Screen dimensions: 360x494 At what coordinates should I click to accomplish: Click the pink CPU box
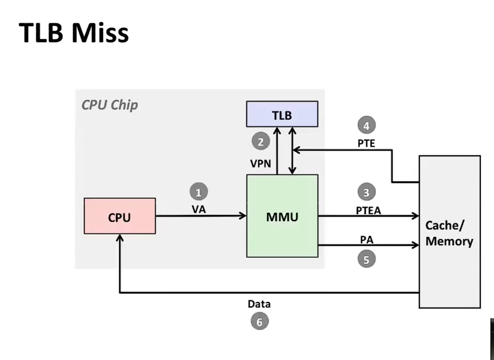pos(120,216)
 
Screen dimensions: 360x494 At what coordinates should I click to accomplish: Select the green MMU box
pos(282,216)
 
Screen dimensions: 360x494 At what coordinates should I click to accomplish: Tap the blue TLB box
pos(282,114)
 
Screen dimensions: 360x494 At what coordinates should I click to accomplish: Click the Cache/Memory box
pos(450,232)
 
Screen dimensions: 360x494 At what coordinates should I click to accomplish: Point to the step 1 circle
pos(199,192)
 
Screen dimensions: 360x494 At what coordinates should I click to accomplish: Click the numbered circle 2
pos(260,141)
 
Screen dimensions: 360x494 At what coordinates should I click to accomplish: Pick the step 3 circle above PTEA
pos(366,192)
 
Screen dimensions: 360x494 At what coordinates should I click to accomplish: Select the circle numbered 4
pos(366,125)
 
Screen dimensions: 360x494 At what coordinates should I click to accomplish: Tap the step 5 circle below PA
pos(366,259)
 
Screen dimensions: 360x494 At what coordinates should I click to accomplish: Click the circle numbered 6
pos(260,321)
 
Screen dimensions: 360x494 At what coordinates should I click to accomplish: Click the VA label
pos(199,209)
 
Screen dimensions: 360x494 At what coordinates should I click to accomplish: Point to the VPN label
pos(260,164)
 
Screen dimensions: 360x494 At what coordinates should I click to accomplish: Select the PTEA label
pos(368,211)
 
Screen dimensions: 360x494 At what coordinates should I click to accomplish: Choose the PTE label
pos(366,143)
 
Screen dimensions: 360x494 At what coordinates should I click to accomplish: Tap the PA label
pos(366,240)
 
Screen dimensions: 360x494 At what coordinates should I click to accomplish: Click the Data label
pos(259,304)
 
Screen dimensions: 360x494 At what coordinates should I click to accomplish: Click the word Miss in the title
pos(100,33)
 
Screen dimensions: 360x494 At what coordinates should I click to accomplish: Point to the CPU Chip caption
pos(109,105)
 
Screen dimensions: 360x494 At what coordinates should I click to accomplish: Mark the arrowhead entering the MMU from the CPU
pos(243,216)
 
